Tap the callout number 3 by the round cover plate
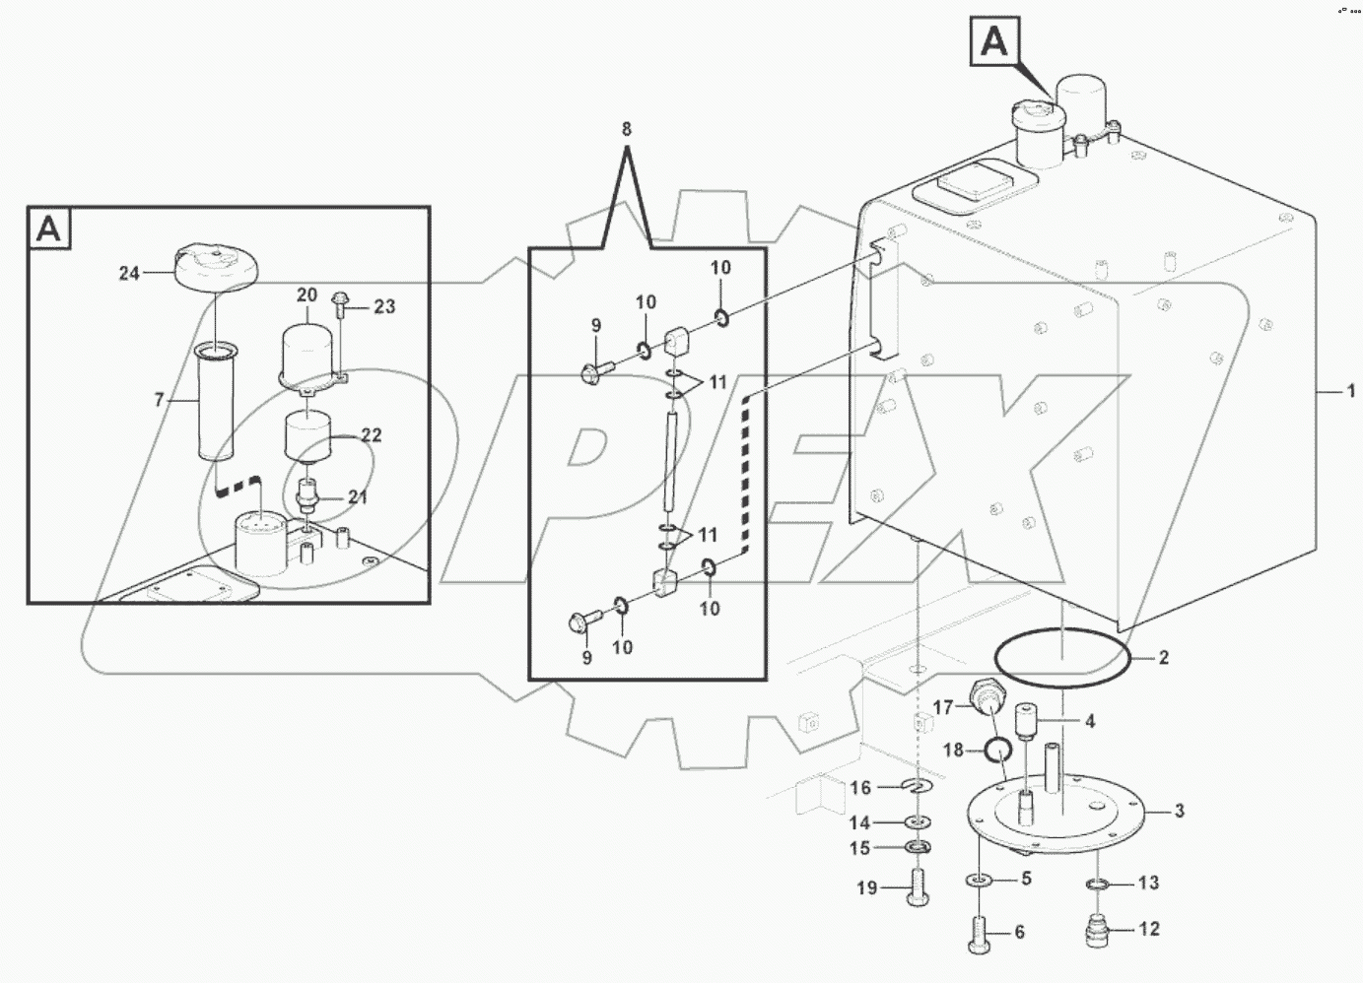[1179, 812]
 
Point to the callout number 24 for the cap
[129, 274]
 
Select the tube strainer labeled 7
[214, 404]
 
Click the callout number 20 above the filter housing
[307, 295]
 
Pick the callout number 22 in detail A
[371, 435]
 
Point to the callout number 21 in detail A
[357, 497]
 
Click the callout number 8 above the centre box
[627, 129]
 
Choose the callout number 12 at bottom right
[1149, 929]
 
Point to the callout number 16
[860, 787]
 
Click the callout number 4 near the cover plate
[1089, 722]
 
